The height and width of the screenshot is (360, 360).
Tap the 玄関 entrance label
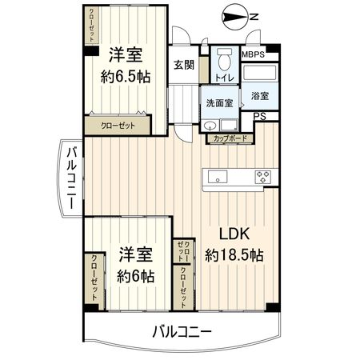click(x=183, y=66)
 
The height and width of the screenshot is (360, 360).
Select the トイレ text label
click(x=224, y=78)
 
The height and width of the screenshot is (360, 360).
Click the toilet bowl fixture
click(x=224, y=59)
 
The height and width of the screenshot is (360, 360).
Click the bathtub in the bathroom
click(x=259, y=76)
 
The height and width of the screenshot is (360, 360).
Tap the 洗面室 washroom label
click(x=218, y=103)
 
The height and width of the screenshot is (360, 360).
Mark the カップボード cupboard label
click(x=230, y=139)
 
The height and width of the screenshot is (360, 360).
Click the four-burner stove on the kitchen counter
click(x=264, y=176)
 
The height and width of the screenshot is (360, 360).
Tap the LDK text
click(x=235, y=234)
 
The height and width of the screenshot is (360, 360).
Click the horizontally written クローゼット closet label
click(x=118, y=126)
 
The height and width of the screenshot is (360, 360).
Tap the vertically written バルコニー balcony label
click(x=71, y=178)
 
